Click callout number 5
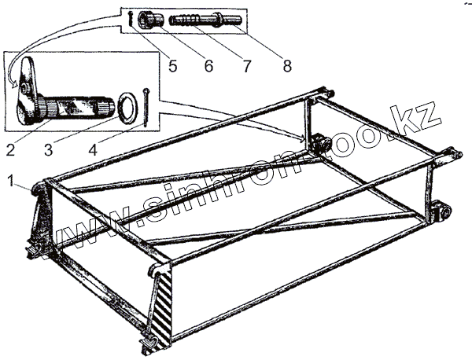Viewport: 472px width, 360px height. (x=172, y=66)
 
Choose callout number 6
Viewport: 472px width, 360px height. (x=208, y=66)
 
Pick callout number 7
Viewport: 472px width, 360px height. (x=245, y=66)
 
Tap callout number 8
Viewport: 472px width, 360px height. (x=286, y=66)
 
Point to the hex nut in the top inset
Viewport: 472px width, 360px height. (x=147, y=19)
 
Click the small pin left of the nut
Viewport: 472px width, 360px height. (x=129, y=20)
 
